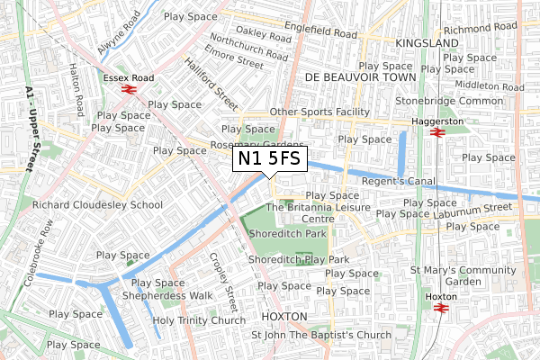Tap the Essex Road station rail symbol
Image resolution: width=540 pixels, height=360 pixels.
point(130,91)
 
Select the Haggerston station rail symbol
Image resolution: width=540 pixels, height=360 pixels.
point(436,133)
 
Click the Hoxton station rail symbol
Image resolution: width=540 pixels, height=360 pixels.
point(441,307)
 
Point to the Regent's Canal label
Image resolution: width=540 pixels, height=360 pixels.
point(398,182)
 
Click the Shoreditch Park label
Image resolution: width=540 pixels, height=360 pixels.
point(287,233)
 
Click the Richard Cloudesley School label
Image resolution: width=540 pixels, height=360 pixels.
point(98,205)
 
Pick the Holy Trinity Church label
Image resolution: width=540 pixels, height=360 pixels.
point(199,320)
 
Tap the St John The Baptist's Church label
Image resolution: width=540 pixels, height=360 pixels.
point(321,335)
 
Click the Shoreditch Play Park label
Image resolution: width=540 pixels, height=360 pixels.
point(298,259)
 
